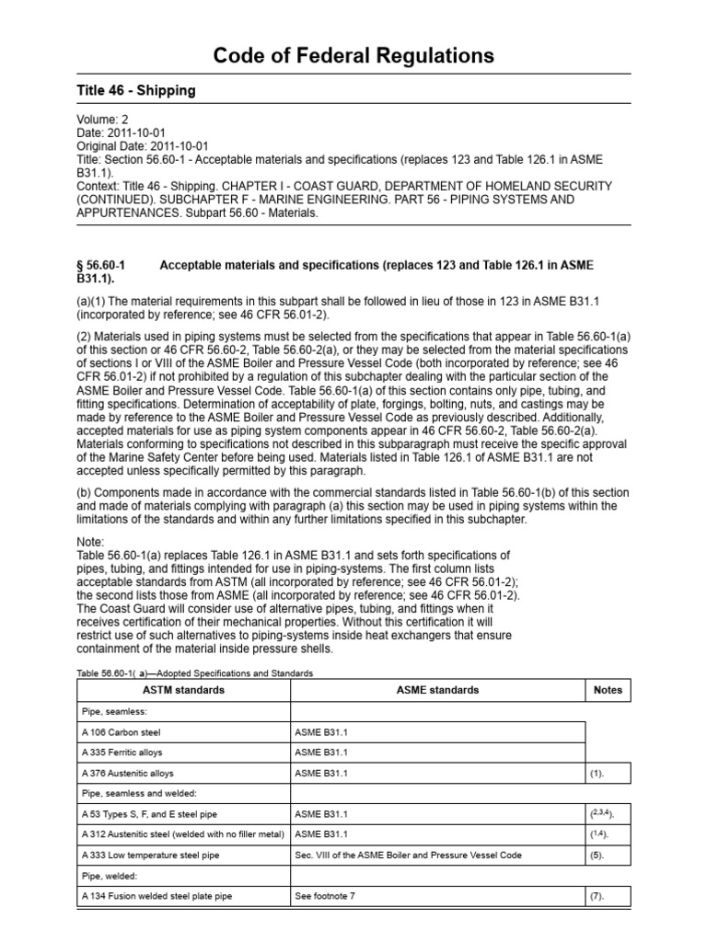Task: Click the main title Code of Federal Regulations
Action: (353, 56)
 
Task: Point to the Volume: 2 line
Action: (103, 119)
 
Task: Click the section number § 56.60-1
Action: (99, 265)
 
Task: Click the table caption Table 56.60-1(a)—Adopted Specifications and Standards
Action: (194, 673)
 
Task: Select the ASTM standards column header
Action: (183, 690)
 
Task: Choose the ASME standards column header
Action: (437, 690)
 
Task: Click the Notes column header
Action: (608, 690)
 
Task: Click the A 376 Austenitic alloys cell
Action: (127, 774)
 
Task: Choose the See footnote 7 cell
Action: (325, 896)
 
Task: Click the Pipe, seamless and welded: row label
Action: (136, 794)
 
